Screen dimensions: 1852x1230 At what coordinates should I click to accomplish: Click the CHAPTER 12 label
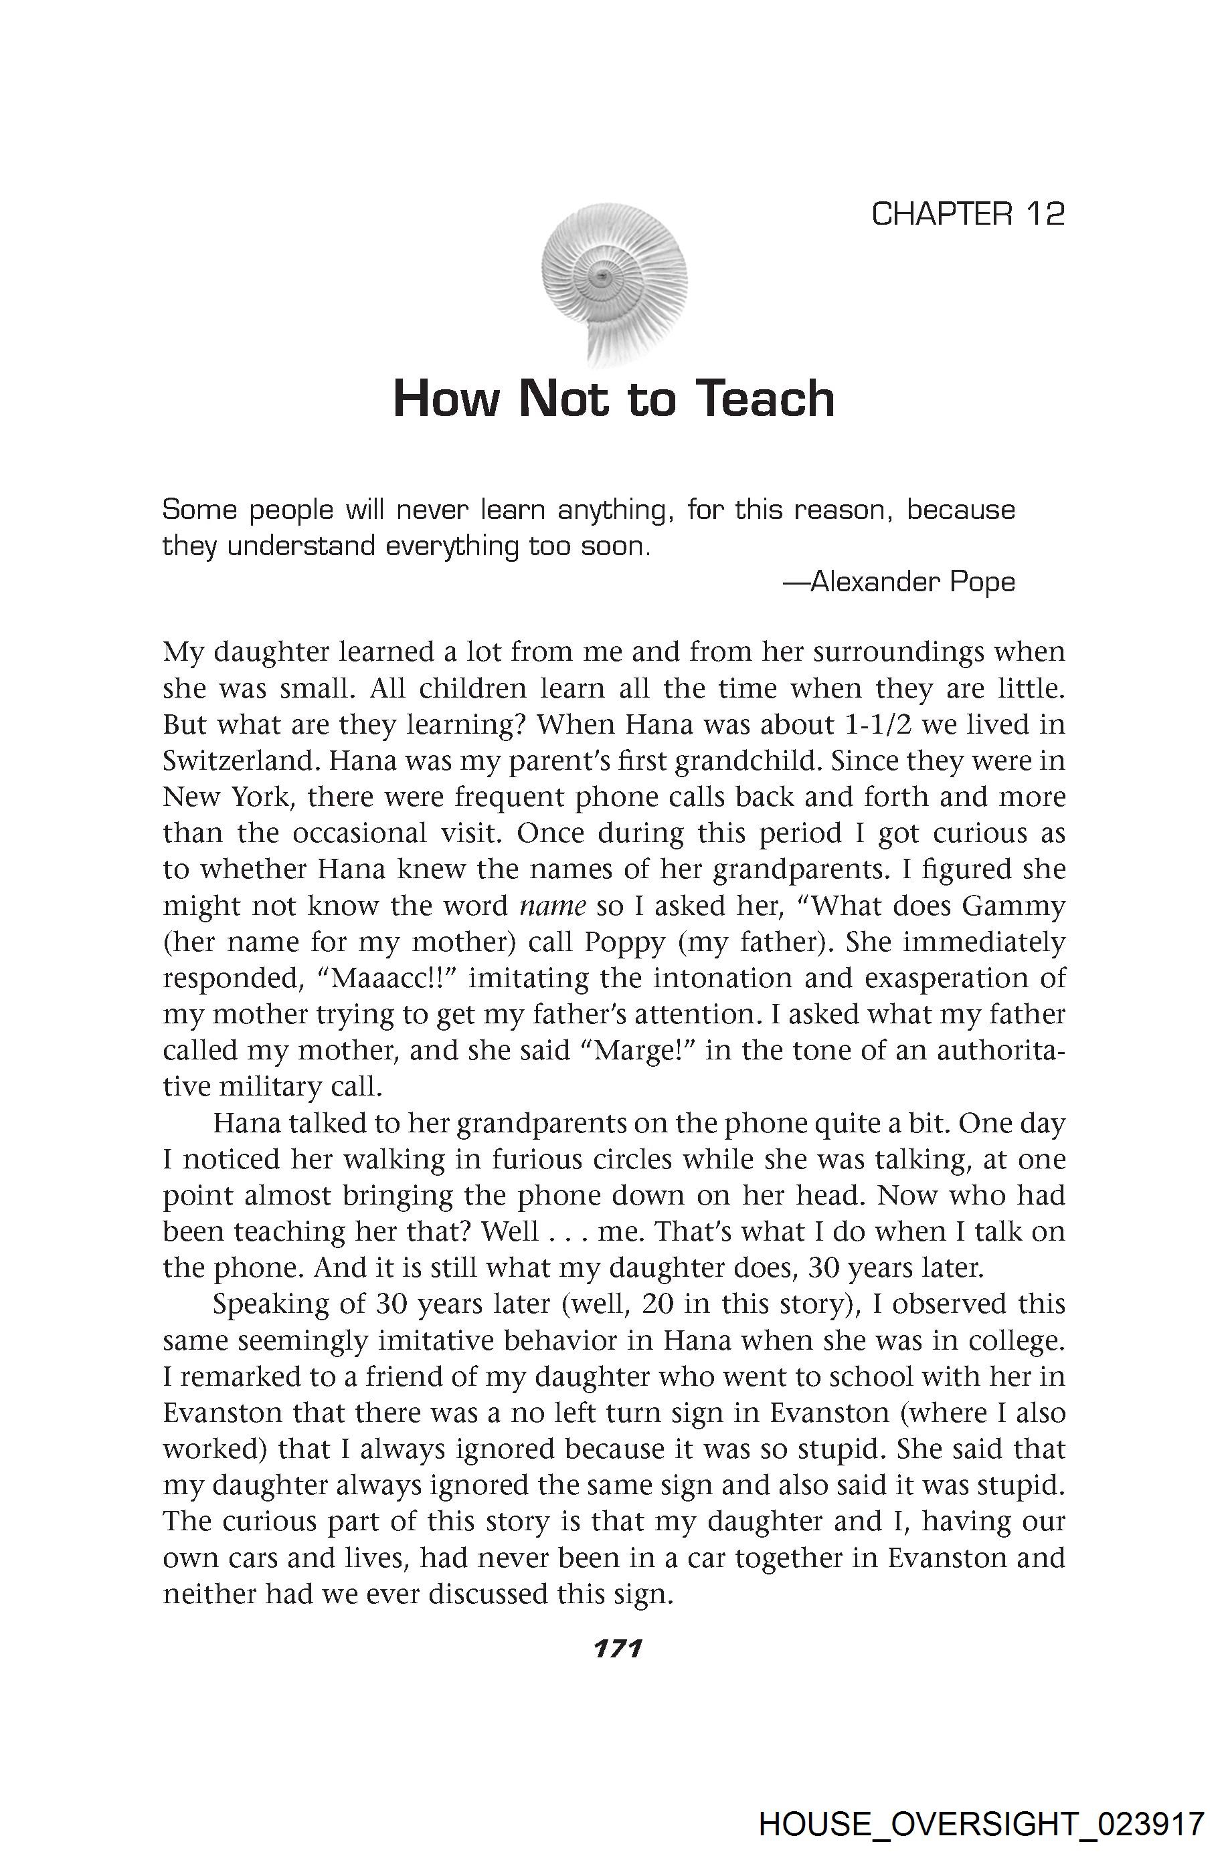[x=968, y=214]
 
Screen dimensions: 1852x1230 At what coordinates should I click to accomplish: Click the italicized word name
[x=553, y=906]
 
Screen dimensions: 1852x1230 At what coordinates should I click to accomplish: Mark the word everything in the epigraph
[x=451, y=546]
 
